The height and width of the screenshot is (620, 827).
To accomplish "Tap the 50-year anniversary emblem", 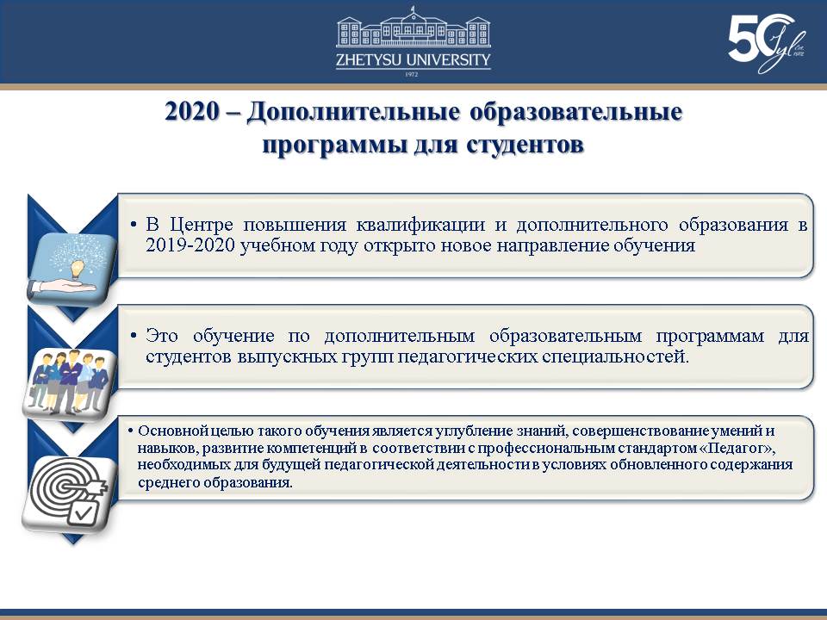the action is pyautogui.click(x=767, y=43).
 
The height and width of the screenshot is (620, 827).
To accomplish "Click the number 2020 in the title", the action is pyautogui.click(x=191, y=112).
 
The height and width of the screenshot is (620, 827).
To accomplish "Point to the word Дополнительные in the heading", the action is pyautogui.click(x=353, y=112).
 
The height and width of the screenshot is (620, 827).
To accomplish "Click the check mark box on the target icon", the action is pyautogui.click(x=83, y=511).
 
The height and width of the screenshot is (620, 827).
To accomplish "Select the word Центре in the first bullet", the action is pyautogui.click(x=202, y=225).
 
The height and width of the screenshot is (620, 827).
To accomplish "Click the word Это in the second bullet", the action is pyautogui.click(x=162, y=335).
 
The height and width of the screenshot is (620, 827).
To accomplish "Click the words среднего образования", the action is pyautogui.click(x=215, y=483).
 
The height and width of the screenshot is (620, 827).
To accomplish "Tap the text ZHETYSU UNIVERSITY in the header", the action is pyautogui.click(x=413, y=60).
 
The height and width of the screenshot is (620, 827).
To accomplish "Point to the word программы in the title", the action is pyautogui.click(x=335, y=146).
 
